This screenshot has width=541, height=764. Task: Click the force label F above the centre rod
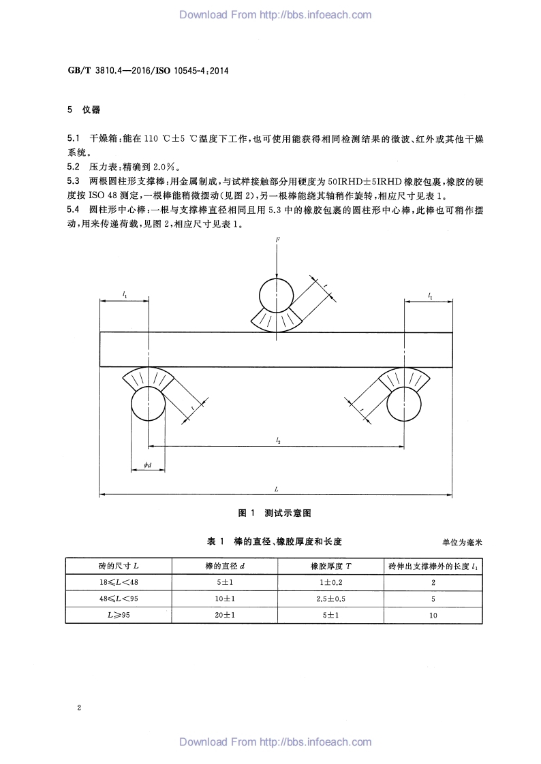278,240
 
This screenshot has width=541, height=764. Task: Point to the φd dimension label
148,465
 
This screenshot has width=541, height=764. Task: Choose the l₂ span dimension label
278,441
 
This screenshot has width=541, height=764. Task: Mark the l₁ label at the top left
125,294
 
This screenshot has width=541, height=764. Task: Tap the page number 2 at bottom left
79,708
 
